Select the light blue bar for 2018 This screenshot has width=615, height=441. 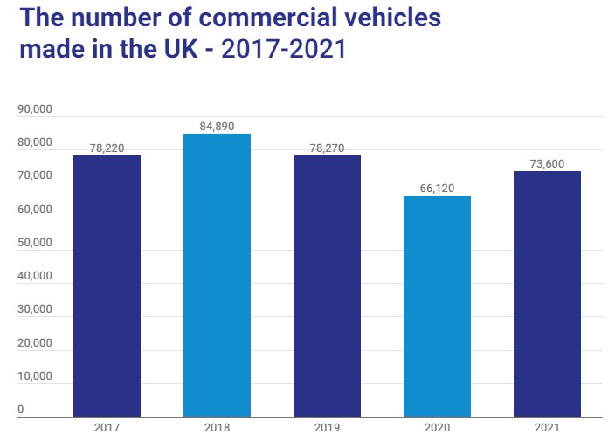point(217,275)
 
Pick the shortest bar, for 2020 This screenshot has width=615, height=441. point(437,306)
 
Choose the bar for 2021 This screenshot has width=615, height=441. point(547,293)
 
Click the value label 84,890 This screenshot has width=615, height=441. point(217,126)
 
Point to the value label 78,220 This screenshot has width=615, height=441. point(107,148)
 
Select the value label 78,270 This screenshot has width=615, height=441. point(327,148)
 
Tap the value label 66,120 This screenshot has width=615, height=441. point(437,188)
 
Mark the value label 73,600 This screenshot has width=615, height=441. point(547,163)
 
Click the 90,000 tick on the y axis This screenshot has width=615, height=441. point(36,110)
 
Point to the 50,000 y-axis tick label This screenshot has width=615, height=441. point(36,244)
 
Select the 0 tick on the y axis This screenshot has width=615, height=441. point(21,410)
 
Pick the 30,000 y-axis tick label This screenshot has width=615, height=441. point(36,310)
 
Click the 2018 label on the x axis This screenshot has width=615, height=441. point(217,429)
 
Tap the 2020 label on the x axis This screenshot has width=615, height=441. point(437,429)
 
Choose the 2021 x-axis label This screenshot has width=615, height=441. point(547,429)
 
